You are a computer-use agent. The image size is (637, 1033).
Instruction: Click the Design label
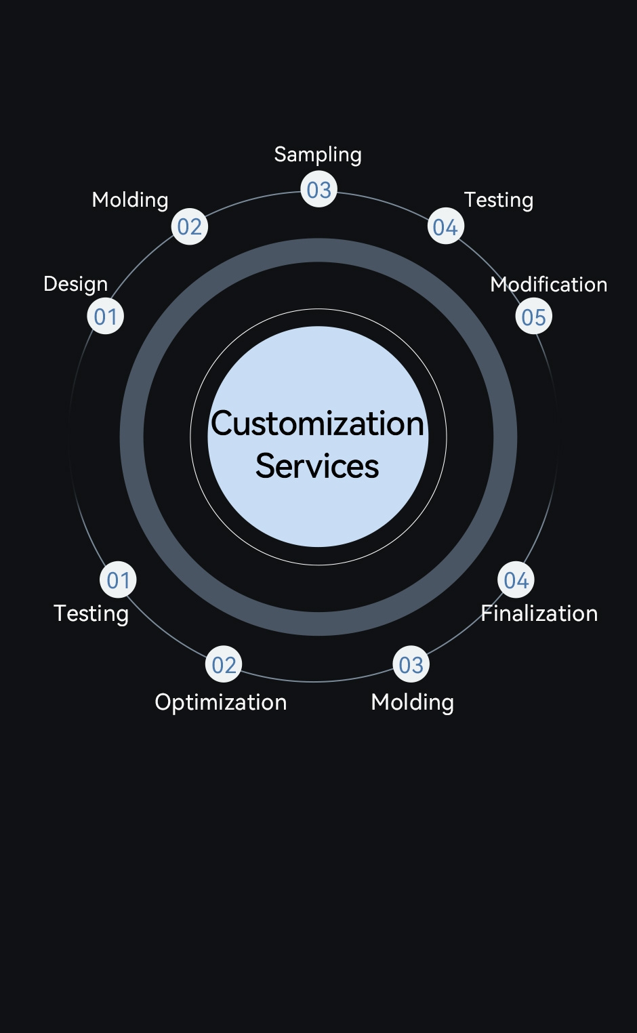[x=75, y=284]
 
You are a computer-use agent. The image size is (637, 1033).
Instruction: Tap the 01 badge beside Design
[x=106, y=317]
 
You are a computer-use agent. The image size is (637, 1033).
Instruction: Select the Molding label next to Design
[x=130, y=200]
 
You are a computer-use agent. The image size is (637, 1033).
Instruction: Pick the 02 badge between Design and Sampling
[x=190, y=227]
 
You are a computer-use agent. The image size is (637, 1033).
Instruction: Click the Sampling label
[x=318, y=155]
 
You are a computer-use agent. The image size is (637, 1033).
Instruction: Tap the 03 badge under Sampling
[x=318, y=190]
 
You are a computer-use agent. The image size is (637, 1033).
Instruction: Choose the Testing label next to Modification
[x=499, y=200]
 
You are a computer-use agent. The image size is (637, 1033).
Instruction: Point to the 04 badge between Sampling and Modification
[x=445, y=227]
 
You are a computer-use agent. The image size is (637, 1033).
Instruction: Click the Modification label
[x=549, y=284]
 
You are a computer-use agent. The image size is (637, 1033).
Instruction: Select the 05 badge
[x=534, y=317]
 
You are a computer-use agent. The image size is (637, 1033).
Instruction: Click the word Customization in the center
[x=318, y=424]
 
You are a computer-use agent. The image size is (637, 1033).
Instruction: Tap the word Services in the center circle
[x=317, y=466]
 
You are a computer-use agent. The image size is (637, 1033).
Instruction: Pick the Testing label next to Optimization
[x=91, y=613]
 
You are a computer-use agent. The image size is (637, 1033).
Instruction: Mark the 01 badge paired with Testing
[x=118, y=580]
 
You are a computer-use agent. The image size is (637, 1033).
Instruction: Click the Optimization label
[x=221, y=702]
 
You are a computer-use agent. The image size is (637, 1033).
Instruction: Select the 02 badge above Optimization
[x=224, y=666]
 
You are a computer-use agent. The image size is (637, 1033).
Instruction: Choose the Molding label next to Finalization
[x=413, y=702]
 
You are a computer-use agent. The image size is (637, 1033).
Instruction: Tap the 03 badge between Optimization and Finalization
[x=411, y=666]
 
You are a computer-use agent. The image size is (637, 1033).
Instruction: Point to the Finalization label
[x=539, y=613]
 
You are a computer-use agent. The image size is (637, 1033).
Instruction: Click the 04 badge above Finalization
[x=516, y=580]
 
